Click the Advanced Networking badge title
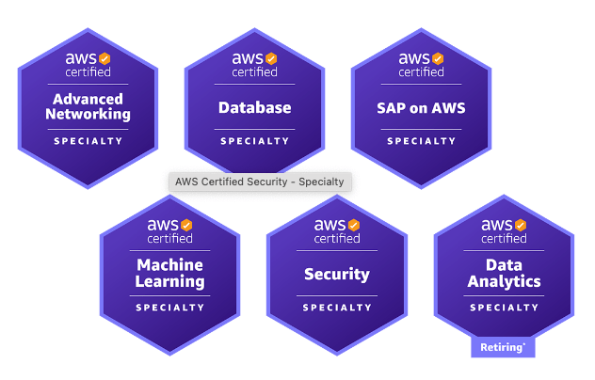(x=88, y=106)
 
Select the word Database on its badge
(x=254, y=107)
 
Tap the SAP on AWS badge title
(x=421, y=107)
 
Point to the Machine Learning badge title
(x=170, y=273)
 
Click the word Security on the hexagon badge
(x=337, y=275)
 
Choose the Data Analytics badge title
(x=504, y=273)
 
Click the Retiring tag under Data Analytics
(x=503, y=347)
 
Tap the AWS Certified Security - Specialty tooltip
(x=260, y=182)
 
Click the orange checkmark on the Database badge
(x=270, y=58)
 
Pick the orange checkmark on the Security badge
(x=353, y=225)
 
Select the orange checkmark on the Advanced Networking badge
(x=105, y=58)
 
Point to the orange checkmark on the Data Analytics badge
(x=520, y=225)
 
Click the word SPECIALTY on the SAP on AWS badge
(x=421, y=141)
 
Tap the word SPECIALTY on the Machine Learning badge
(x=170, y=308)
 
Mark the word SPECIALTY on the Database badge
(x=254, y=141)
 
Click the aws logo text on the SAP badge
(x=413, y=58)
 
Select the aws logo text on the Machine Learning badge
(x=163, y=225)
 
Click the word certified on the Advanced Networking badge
(x=88, y=71)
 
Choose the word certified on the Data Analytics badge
(x=504, y=238)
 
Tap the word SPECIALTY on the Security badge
(x=337, y=308)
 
